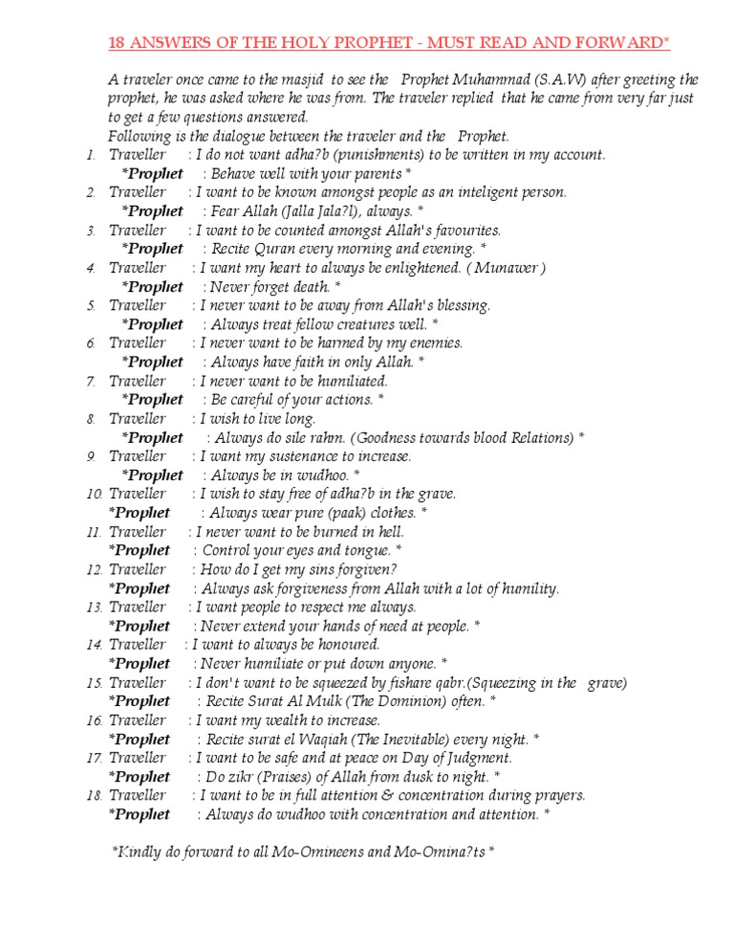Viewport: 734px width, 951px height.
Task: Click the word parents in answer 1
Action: click(x=375, y=174)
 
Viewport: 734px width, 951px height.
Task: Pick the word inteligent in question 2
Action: click(x=464, y=192)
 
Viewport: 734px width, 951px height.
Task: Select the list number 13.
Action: click(x=95, y=608)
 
